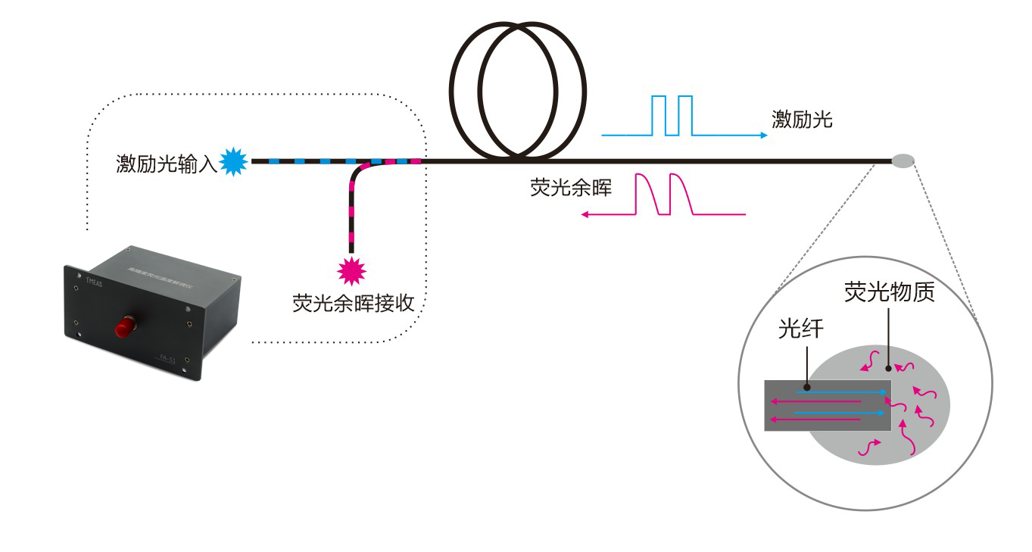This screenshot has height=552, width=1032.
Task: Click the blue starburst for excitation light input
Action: click(234, 161)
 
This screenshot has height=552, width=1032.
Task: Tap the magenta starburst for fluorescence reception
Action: click(351, 269)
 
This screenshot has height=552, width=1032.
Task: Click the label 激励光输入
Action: click(167, 164)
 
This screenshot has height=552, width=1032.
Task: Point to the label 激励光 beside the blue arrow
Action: click(802, 119)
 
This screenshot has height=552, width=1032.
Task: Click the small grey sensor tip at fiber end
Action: click(903, 161)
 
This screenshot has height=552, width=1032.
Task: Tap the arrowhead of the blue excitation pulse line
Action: click(764, 136)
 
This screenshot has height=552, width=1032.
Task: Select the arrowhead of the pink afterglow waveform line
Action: click(585, 215)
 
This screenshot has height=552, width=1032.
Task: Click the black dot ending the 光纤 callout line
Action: click(808, 387)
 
